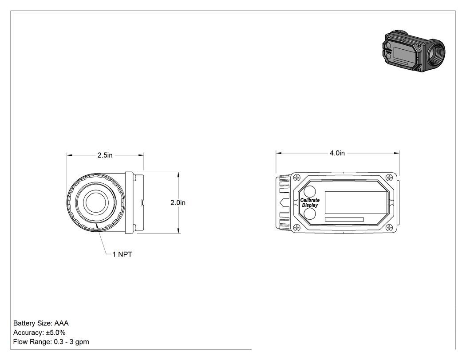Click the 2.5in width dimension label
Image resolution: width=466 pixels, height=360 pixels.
[105, 155]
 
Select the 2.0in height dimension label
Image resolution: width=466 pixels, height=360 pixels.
[178, 202]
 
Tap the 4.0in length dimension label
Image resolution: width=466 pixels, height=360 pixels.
[337, 153]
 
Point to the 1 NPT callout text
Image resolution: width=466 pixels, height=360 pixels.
[122, 254]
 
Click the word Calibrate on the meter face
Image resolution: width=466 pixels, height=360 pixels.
[310, 200]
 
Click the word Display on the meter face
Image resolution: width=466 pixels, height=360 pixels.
[310, 205]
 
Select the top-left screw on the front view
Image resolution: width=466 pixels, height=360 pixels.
[296, 178]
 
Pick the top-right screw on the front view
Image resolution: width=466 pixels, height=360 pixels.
[389, 178]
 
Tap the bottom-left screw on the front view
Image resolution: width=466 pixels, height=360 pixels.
[296, 228]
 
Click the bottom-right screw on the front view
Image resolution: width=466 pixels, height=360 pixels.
[389, 228]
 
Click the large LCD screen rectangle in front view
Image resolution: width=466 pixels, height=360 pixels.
[356, 202]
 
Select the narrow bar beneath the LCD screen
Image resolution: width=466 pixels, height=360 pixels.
[344, 219]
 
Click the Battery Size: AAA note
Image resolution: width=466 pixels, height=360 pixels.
[41, 323]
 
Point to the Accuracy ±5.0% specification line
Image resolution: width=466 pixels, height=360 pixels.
[39, 332]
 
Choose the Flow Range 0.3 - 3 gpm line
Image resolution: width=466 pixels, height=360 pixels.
[51, 342]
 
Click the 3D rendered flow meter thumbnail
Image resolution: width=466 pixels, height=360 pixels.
[414, 51]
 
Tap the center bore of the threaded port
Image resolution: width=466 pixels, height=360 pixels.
[95, 202]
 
